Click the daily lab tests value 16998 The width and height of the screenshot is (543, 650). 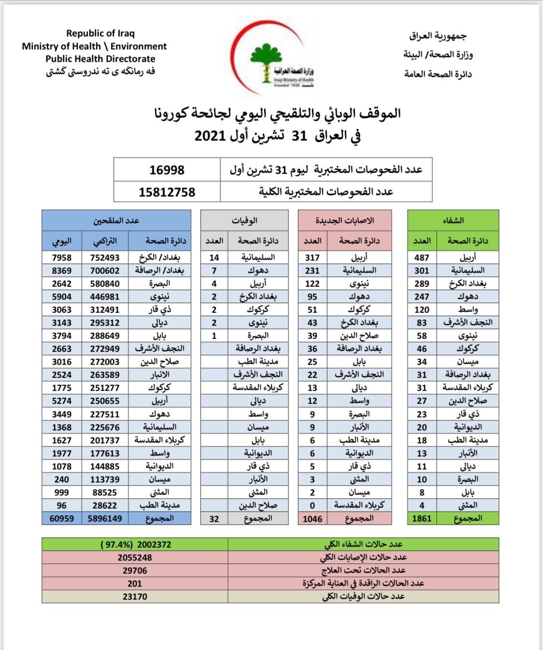[x=167, y=170]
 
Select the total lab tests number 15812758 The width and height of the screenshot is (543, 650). [x=167, y=192]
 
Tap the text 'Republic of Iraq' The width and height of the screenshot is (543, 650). [x=100, y=33]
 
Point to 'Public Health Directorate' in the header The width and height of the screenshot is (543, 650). [x=100, y=59]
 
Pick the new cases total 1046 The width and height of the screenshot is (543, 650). [x=312, y=519]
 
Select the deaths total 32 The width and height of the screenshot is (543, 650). [x=214, y=519]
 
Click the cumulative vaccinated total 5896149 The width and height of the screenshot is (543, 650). [x=105, y=518]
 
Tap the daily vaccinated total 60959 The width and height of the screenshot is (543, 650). [x=61, y=518]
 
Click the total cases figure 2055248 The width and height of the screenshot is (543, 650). [x=135, y=557]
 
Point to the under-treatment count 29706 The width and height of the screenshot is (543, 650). [x=135, y=570]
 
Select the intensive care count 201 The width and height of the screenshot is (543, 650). [x=135, y=583]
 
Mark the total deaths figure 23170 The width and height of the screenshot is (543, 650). [x=135, y=596]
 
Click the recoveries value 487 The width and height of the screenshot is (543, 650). [x=422, y=257]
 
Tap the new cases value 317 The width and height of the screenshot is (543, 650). [x=312, y=257]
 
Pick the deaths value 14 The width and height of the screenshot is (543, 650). [x=214, y=257]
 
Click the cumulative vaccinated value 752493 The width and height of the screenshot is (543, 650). [x=105, y=257]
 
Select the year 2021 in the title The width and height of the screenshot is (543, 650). [x=210, y=135]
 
